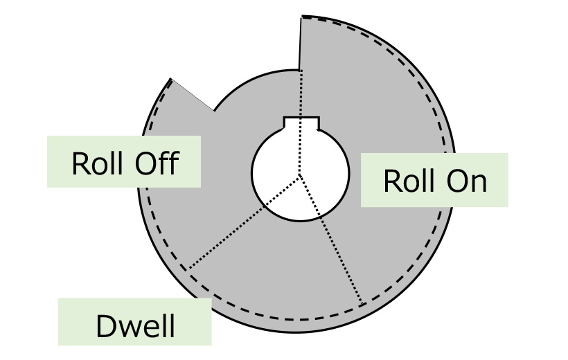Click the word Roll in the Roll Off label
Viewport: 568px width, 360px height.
[x=96, y=164]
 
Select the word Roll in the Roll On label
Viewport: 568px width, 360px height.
[x=409, y=181]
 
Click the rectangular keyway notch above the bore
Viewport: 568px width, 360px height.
[x=301, y=123]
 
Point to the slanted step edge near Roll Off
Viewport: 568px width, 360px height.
[x=192, y=95]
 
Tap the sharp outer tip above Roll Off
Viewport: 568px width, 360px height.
[x=170, y=79]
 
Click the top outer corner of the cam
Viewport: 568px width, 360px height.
[x=301, y=17]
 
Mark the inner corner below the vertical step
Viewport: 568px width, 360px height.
[x=300, y=70]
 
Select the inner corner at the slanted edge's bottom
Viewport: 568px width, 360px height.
[x=214, y=111]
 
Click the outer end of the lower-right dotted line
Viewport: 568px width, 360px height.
[x=363, y=304]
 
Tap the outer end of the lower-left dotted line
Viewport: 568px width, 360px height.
[x=188, y=269]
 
